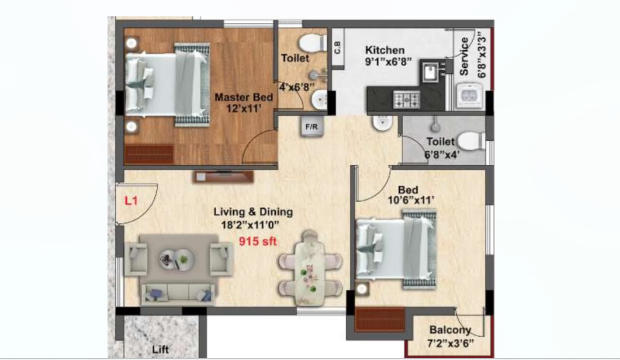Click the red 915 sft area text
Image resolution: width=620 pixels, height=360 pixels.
point(258,241)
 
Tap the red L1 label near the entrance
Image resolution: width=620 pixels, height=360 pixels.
point(131,200)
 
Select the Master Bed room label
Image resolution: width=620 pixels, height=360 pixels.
point(244,98)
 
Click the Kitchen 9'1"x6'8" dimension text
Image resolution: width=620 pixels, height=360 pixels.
point(388,62)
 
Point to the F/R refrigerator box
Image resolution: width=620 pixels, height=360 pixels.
point(311,127)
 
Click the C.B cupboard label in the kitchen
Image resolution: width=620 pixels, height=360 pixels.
point(338,48)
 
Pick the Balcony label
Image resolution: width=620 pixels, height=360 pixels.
point(450,330)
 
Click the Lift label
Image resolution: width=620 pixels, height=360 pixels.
point(161,349)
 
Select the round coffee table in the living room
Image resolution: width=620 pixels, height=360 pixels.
point(176,259)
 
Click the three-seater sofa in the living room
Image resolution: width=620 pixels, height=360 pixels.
point(178,295)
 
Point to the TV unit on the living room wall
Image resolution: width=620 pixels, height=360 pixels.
point(223,176)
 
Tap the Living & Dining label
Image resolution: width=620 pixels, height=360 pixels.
point(253,212)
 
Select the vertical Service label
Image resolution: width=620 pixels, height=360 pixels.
point(464,56)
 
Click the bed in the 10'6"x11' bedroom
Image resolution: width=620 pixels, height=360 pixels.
point(396,249)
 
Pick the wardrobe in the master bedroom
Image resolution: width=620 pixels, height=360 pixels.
point(148,154)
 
